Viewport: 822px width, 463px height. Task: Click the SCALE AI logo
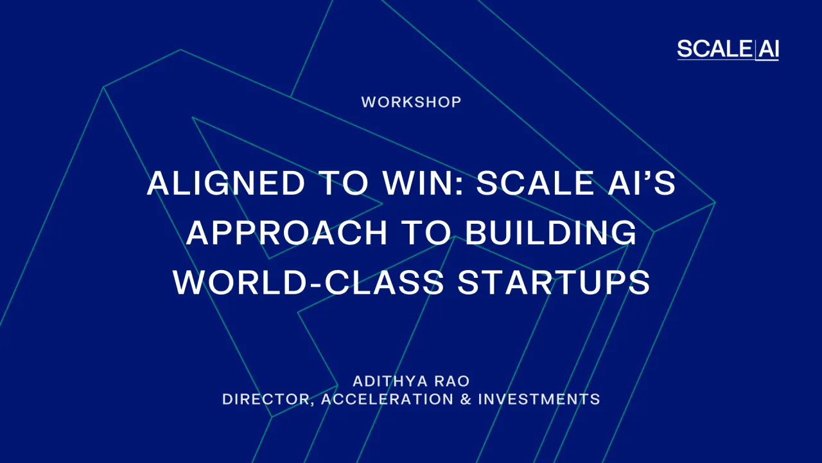click(x=728, y=49)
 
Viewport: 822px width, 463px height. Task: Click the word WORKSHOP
click(x=411, y=102)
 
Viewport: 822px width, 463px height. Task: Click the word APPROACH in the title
click(x=287, y=233)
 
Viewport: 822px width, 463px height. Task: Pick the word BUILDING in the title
click(x=551, y=233)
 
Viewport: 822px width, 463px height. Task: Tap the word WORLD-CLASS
click(x=308, y=282)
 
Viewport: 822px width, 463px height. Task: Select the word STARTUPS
click(x=554, y=282)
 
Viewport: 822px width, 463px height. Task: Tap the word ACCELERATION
click(x=387, y=399)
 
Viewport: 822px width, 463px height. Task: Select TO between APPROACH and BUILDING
click(x=426, y=233)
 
